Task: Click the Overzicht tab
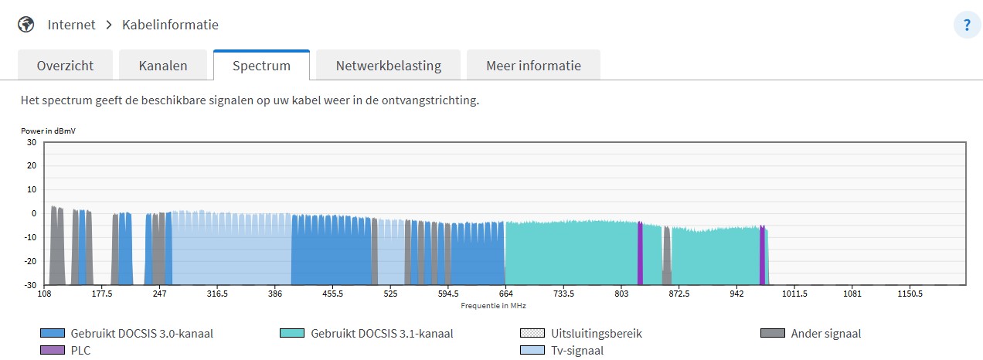(x=65, y=66)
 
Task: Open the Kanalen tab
(x=163, y=66)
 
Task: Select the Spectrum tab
(x=261, y=66)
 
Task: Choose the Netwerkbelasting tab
(x=389, y=66)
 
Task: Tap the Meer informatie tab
(x=533, y=66)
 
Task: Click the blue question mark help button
(x=967, y=25)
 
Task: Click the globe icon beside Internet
(x=26, y=25)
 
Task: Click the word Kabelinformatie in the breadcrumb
(x=170, y=25)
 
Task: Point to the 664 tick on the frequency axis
(x=506, y=294)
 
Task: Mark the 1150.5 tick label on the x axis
(x=910, y=294)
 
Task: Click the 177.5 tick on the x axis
(x=102, y=294)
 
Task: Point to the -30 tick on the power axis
(x=30, y=285)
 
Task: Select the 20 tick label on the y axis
(x=32, y=165)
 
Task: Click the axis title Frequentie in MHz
(x=493, y=306)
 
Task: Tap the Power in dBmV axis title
(x=48, y=131)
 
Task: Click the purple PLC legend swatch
(x=53, y=351)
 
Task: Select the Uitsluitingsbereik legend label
(x=597, y=334)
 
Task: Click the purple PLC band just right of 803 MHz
(x=641, y=253)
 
